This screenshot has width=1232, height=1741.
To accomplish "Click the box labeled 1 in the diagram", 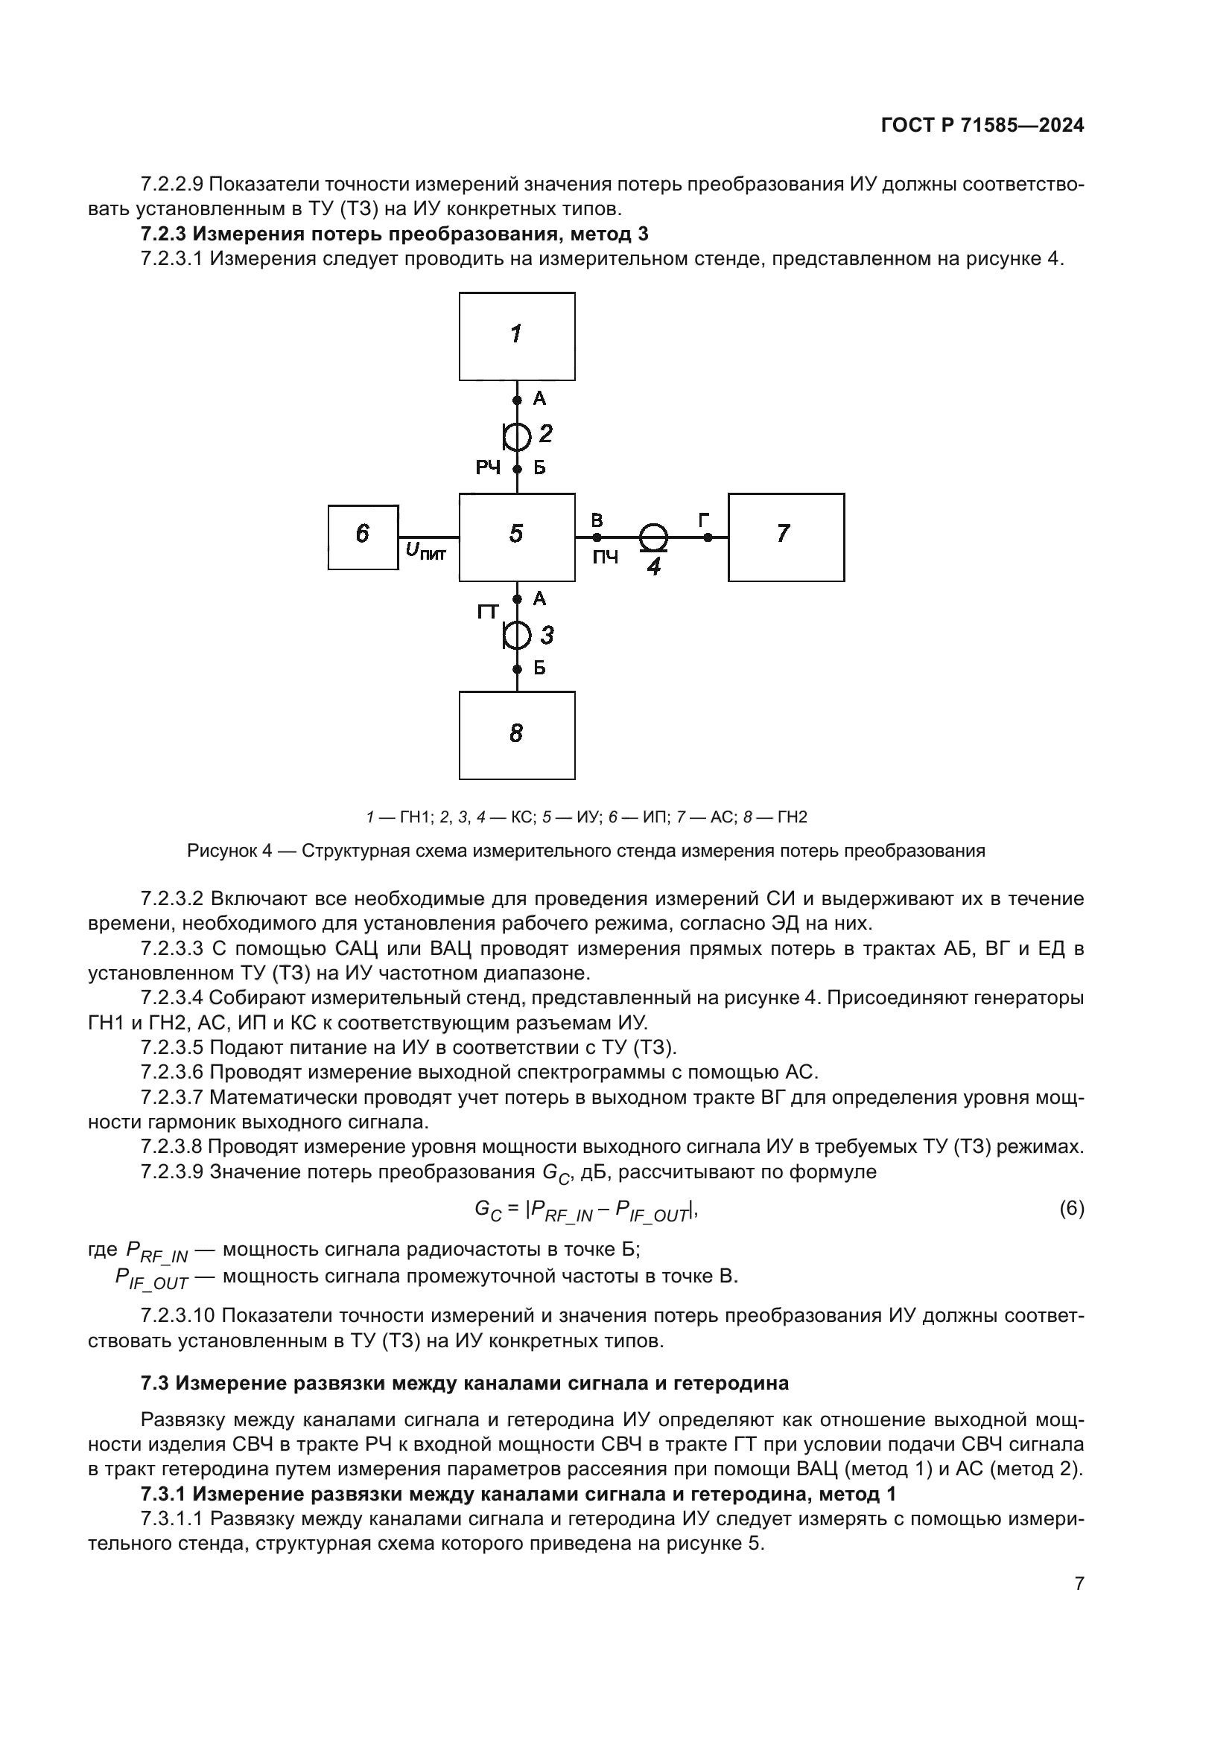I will click(x=517, y=336).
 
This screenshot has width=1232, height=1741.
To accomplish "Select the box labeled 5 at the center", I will click(x=517, y=537).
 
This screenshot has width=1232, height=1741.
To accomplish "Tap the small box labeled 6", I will click(x=363, y=537).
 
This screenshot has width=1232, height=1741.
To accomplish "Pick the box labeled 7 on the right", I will click(x=786, y=537).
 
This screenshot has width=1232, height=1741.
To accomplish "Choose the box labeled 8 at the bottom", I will click(x=517, y=735).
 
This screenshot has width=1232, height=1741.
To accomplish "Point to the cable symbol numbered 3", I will click(x=518, y=635).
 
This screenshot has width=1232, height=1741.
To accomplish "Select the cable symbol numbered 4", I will click(x=652, y=537).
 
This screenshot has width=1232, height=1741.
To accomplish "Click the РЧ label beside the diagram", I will click(x=488, y=468).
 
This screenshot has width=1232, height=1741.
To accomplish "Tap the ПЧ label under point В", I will click(x=605, y=558).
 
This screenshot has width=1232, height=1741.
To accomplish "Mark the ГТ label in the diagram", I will click(x=489, y=610).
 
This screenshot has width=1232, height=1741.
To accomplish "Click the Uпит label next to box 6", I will click(x=425, y=552).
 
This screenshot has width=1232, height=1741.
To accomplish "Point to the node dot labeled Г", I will click(x=708, y=537).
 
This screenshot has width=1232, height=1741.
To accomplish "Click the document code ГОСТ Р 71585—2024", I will click(x=982, y=126).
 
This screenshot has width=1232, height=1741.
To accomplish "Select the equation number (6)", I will click(x=1071, y=1208).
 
